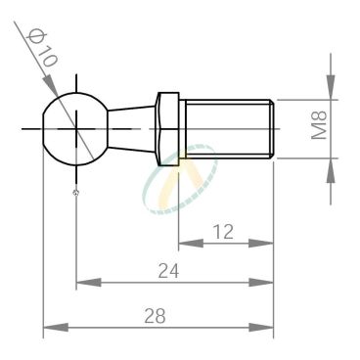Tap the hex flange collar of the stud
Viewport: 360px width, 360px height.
[167, 127]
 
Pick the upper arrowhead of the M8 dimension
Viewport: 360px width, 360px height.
[332, 91]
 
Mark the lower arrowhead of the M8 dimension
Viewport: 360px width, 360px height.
[332, 164]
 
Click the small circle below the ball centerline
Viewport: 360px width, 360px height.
[75, 192]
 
